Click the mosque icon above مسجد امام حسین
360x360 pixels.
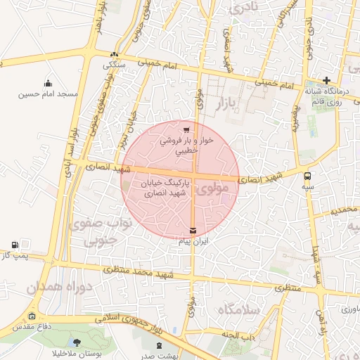click(48, 83)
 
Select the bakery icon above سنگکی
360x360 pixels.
click(114, 54)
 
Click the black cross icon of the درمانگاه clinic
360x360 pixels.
click(327, 80)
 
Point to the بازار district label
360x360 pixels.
click(240, 105)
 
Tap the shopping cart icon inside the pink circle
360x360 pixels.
click(186, 130)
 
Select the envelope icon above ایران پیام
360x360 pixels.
click(193, 230)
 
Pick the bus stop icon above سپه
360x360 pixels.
click(307, 176)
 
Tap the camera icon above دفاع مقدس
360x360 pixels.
click(32, 316)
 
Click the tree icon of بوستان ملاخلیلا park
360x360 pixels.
click(77, 342)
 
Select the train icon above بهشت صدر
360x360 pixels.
click(160, 345)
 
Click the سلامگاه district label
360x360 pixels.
click(239, 310)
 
